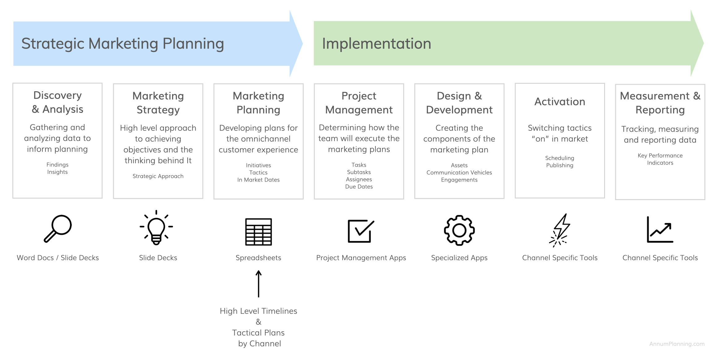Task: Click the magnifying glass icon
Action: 58,229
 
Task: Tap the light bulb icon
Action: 156,228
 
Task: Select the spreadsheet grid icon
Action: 258,232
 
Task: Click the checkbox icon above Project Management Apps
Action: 361,231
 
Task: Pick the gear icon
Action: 459,230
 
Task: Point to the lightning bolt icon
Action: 560,230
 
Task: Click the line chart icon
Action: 660,229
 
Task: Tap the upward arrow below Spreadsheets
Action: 258,284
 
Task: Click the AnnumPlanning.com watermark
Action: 677,344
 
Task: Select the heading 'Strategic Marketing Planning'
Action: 123,44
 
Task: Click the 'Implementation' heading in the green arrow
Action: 377,44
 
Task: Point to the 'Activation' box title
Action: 560,102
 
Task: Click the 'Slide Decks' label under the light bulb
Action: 158,258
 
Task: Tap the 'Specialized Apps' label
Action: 459,258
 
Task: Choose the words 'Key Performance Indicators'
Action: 660,159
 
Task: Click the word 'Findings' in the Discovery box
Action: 58,165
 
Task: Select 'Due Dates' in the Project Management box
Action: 359,186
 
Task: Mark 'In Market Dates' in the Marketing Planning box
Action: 258,180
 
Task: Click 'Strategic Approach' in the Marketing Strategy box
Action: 158,176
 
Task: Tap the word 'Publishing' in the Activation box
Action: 560,165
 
